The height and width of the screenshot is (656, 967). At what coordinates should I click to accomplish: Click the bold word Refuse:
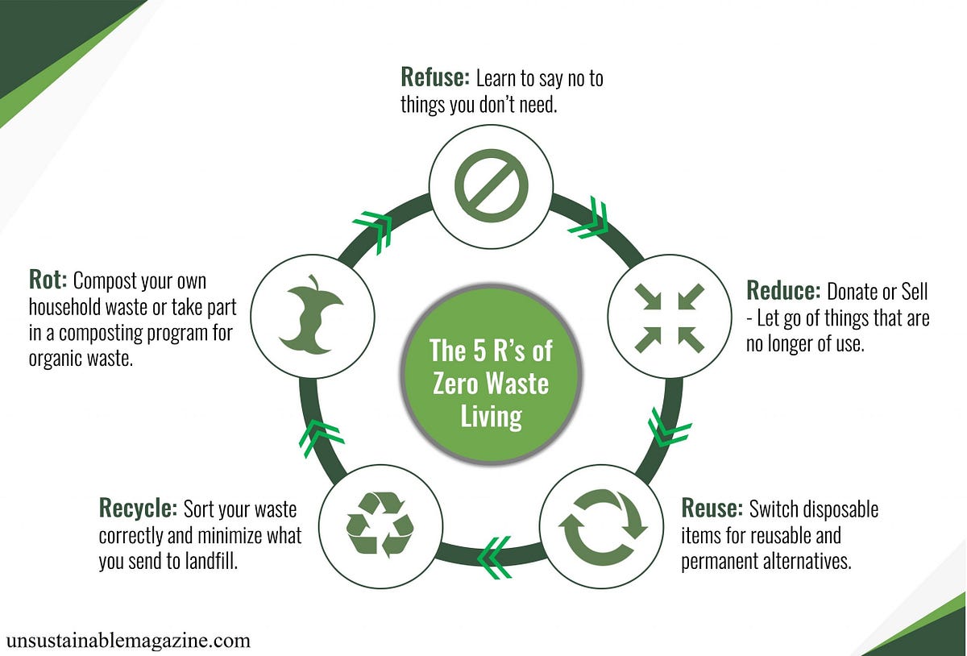tap(434, 78)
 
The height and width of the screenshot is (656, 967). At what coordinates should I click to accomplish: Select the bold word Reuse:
tap(712, 509)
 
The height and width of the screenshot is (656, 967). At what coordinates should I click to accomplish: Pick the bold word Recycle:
tap(138, 509)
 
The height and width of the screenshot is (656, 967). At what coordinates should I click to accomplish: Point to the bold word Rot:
tap(47, 281)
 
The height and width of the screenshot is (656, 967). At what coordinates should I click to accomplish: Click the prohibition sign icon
tap(491, 185)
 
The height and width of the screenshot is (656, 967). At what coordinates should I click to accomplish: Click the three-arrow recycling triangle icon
tap(380, 525)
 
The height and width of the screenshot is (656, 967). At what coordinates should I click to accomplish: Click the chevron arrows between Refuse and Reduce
tap(590, 218)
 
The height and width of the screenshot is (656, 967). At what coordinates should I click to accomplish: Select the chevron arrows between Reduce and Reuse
tap(669, 428)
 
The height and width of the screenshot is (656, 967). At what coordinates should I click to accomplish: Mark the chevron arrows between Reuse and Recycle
tap(493, 557)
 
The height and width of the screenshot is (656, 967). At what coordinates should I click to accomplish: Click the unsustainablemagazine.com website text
tap(128, 641)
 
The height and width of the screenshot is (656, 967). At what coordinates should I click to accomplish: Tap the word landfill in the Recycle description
tap(211, 561)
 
